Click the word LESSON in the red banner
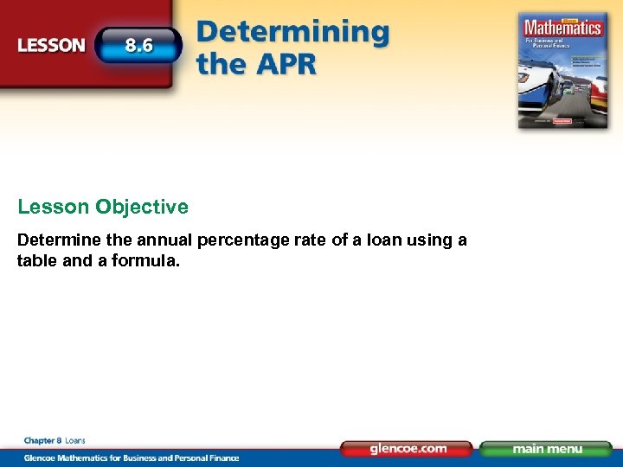coord(52,45)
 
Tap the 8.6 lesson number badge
coord(138,45)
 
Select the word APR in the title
coord(286,64)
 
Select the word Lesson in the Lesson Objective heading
coord(54,208)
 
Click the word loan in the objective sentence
coord(364,240)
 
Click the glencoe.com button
coord(407,449)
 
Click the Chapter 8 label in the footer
coord(42,441)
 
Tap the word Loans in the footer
coord(75,441)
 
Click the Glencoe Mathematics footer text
coord(130,457)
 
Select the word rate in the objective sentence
coord(304,240)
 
